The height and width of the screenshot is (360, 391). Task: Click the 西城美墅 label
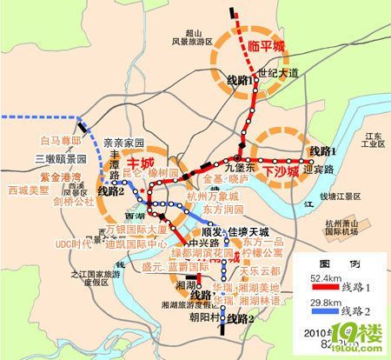pos(30,189)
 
